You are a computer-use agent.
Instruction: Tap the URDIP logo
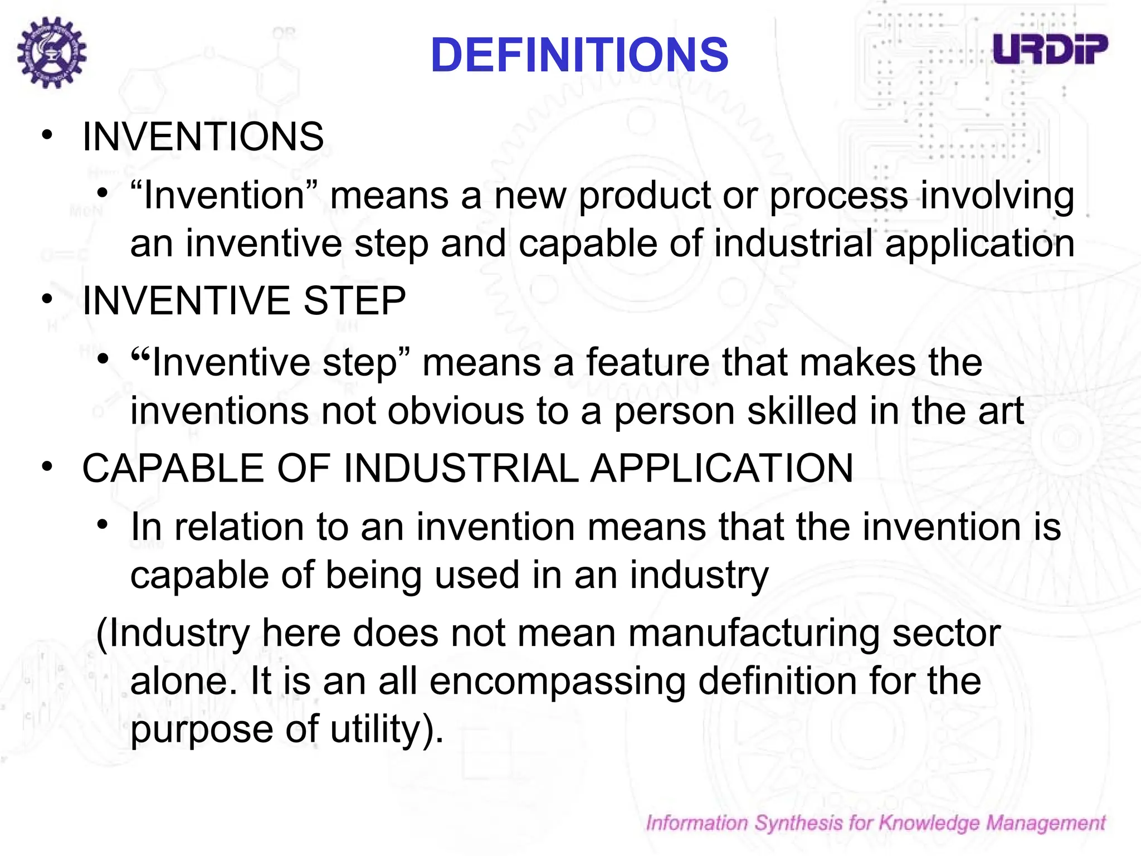coord(1050,49)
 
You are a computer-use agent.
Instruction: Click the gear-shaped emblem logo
coord(52,52)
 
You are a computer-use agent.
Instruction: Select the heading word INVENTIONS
coord(203,137)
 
